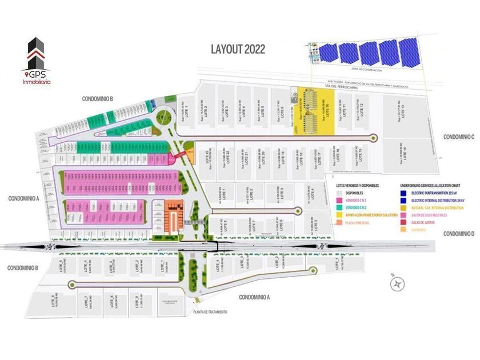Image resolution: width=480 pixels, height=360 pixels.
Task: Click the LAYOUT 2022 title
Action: tap(238, 49)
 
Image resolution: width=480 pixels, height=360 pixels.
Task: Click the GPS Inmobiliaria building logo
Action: tap(36, 54)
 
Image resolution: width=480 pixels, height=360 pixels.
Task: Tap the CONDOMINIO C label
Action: tap(459, 137)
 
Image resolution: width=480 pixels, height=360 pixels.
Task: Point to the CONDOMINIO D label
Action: tap(459, 234)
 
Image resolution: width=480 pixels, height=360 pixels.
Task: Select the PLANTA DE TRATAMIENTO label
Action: tap(210, 312)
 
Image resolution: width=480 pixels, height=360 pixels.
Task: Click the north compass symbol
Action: tap(398, 282)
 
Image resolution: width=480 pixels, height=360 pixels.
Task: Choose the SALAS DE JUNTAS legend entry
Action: tap(427, 222)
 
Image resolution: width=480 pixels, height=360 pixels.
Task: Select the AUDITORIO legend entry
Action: tap(423, 229)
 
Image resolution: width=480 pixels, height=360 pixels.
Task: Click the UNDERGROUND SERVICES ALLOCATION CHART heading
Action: tap(435, 186)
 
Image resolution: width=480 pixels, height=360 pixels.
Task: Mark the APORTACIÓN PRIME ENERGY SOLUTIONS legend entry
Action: tap(371, 215)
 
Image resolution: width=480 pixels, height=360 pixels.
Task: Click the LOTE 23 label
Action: tap(207, 155)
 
